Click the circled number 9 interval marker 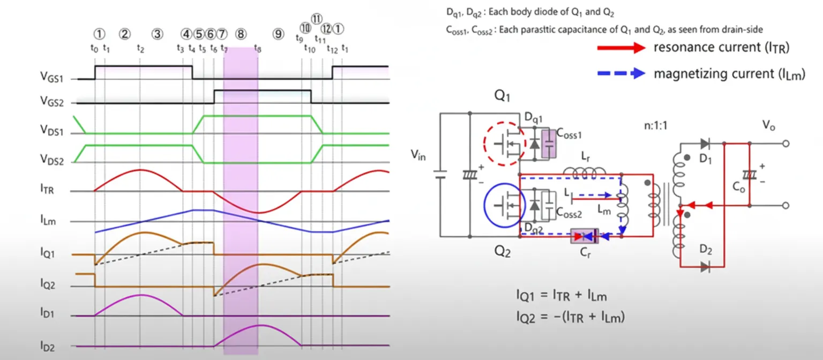pyautogui.click(x=278, y=34)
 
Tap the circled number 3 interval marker pyautogui.click(x=157, y=34)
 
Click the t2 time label pyautogui.click(x=140, y=49)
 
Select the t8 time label pyautogui.click(x=258, y=49)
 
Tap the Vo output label pyautogui.click(x=768, y=126)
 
